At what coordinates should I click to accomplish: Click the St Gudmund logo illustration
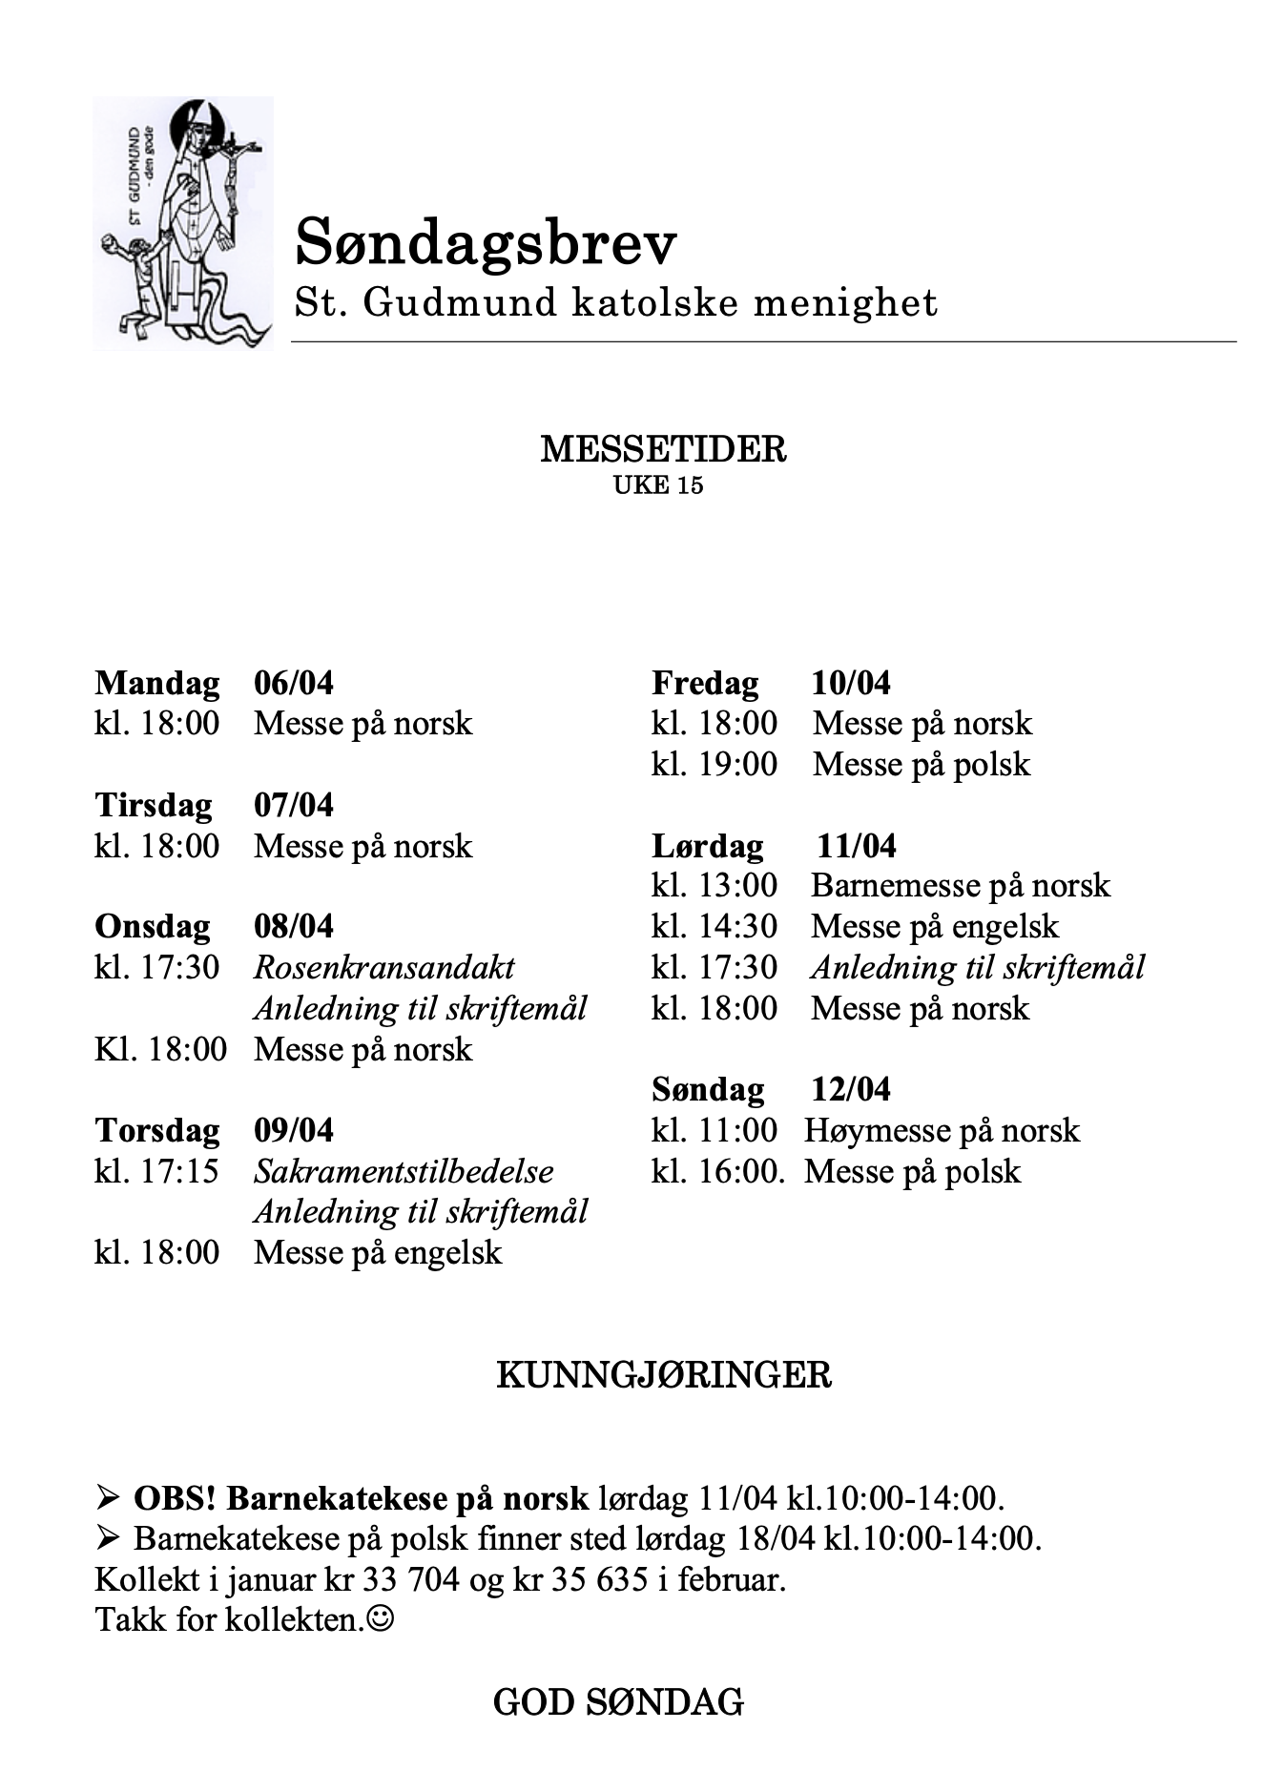182,223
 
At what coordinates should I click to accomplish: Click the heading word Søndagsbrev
486,243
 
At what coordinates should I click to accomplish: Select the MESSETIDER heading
663,449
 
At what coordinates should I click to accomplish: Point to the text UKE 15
658,485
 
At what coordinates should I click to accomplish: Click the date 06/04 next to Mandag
294,683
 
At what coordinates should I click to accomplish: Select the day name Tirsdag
154,805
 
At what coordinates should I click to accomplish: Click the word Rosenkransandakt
384,967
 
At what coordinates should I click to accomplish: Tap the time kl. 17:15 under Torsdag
156,1171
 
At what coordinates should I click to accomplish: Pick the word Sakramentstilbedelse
404,1171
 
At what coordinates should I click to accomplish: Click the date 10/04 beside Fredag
851,683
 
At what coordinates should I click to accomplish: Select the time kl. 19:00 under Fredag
714,764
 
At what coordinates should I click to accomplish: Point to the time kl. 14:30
714,926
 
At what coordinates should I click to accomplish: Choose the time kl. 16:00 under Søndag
716,1171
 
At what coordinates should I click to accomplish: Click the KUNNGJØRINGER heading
664,1375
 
